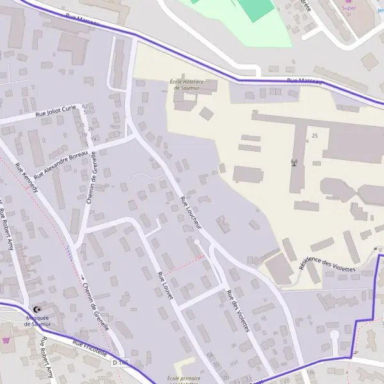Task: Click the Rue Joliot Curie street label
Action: pyautogui.click(x=56, y=113)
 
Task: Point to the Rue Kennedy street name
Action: pyautogui.click(x=26, y=178)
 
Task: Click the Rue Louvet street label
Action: pyautogui.click(x=165, y=286)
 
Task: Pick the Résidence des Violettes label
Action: pyautogui.click(x=326, y=265)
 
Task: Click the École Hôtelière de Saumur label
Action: pyautogui.click(x=186, y=84)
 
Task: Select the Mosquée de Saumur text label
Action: pyautogui.click(x=37, y=321)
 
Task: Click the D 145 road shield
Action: pyautogui.click(x=120, y=363)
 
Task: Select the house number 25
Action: pyautogui.click(x=314, y=136)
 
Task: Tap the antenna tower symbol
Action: pyautogui.click(x=294, y=162)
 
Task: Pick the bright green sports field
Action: pyautogui.click(x=253, y=8)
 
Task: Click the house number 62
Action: pyautogui.click(x=85, y=106)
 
